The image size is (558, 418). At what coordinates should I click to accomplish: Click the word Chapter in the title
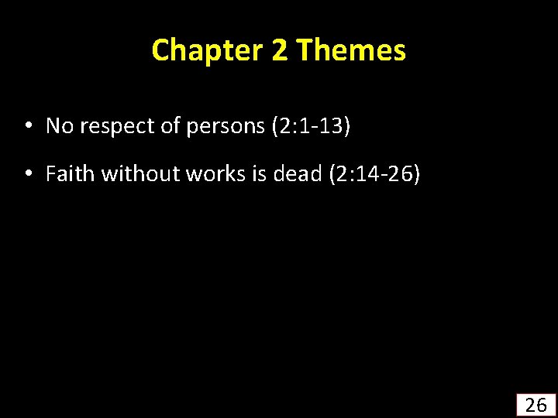point(207,50)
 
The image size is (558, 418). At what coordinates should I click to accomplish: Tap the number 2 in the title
point(279,50)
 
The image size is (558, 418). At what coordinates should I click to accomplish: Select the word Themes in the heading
point(351,50)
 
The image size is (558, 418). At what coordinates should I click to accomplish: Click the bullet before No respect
point(27,125)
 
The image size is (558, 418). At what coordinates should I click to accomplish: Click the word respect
point(112,125)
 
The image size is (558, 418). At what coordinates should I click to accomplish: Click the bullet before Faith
point(27,174)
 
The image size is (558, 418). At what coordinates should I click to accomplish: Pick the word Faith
point(70,174)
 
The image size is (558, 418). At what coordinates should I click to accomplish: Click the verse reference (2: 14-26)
point(374,174)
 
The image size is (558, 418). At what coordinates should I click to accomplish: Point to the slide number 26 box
point(536,405)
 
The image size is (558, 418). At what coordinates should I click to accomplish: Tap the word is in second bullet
point(256,174)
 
